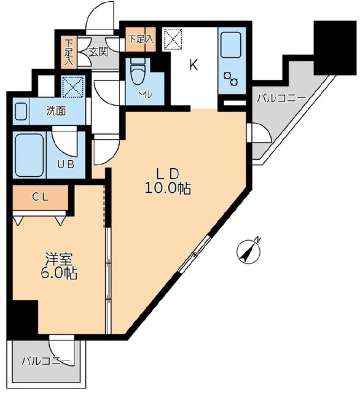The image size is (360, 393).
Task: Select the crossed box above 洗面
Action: point(73,87)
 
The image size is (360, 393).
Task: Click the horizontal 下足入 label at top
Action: point(141,39)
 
